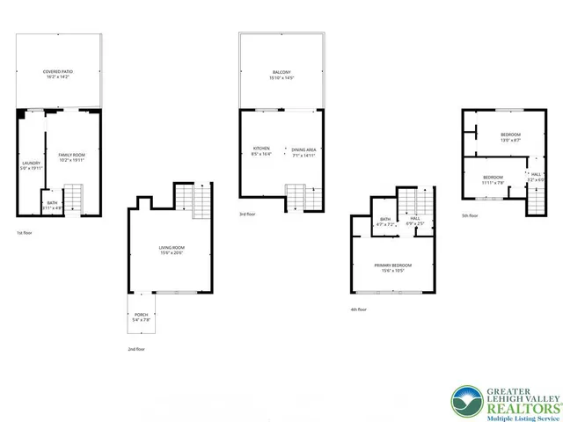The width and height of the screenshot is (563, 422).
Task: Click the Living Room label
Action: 172,251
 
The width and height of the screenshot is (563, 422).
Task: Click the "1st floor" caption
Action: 25,233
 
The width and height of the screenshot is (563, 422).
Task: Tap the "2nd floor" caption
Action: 135,349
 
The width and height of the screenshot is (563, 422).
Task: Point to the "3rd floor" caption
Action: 248,214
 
